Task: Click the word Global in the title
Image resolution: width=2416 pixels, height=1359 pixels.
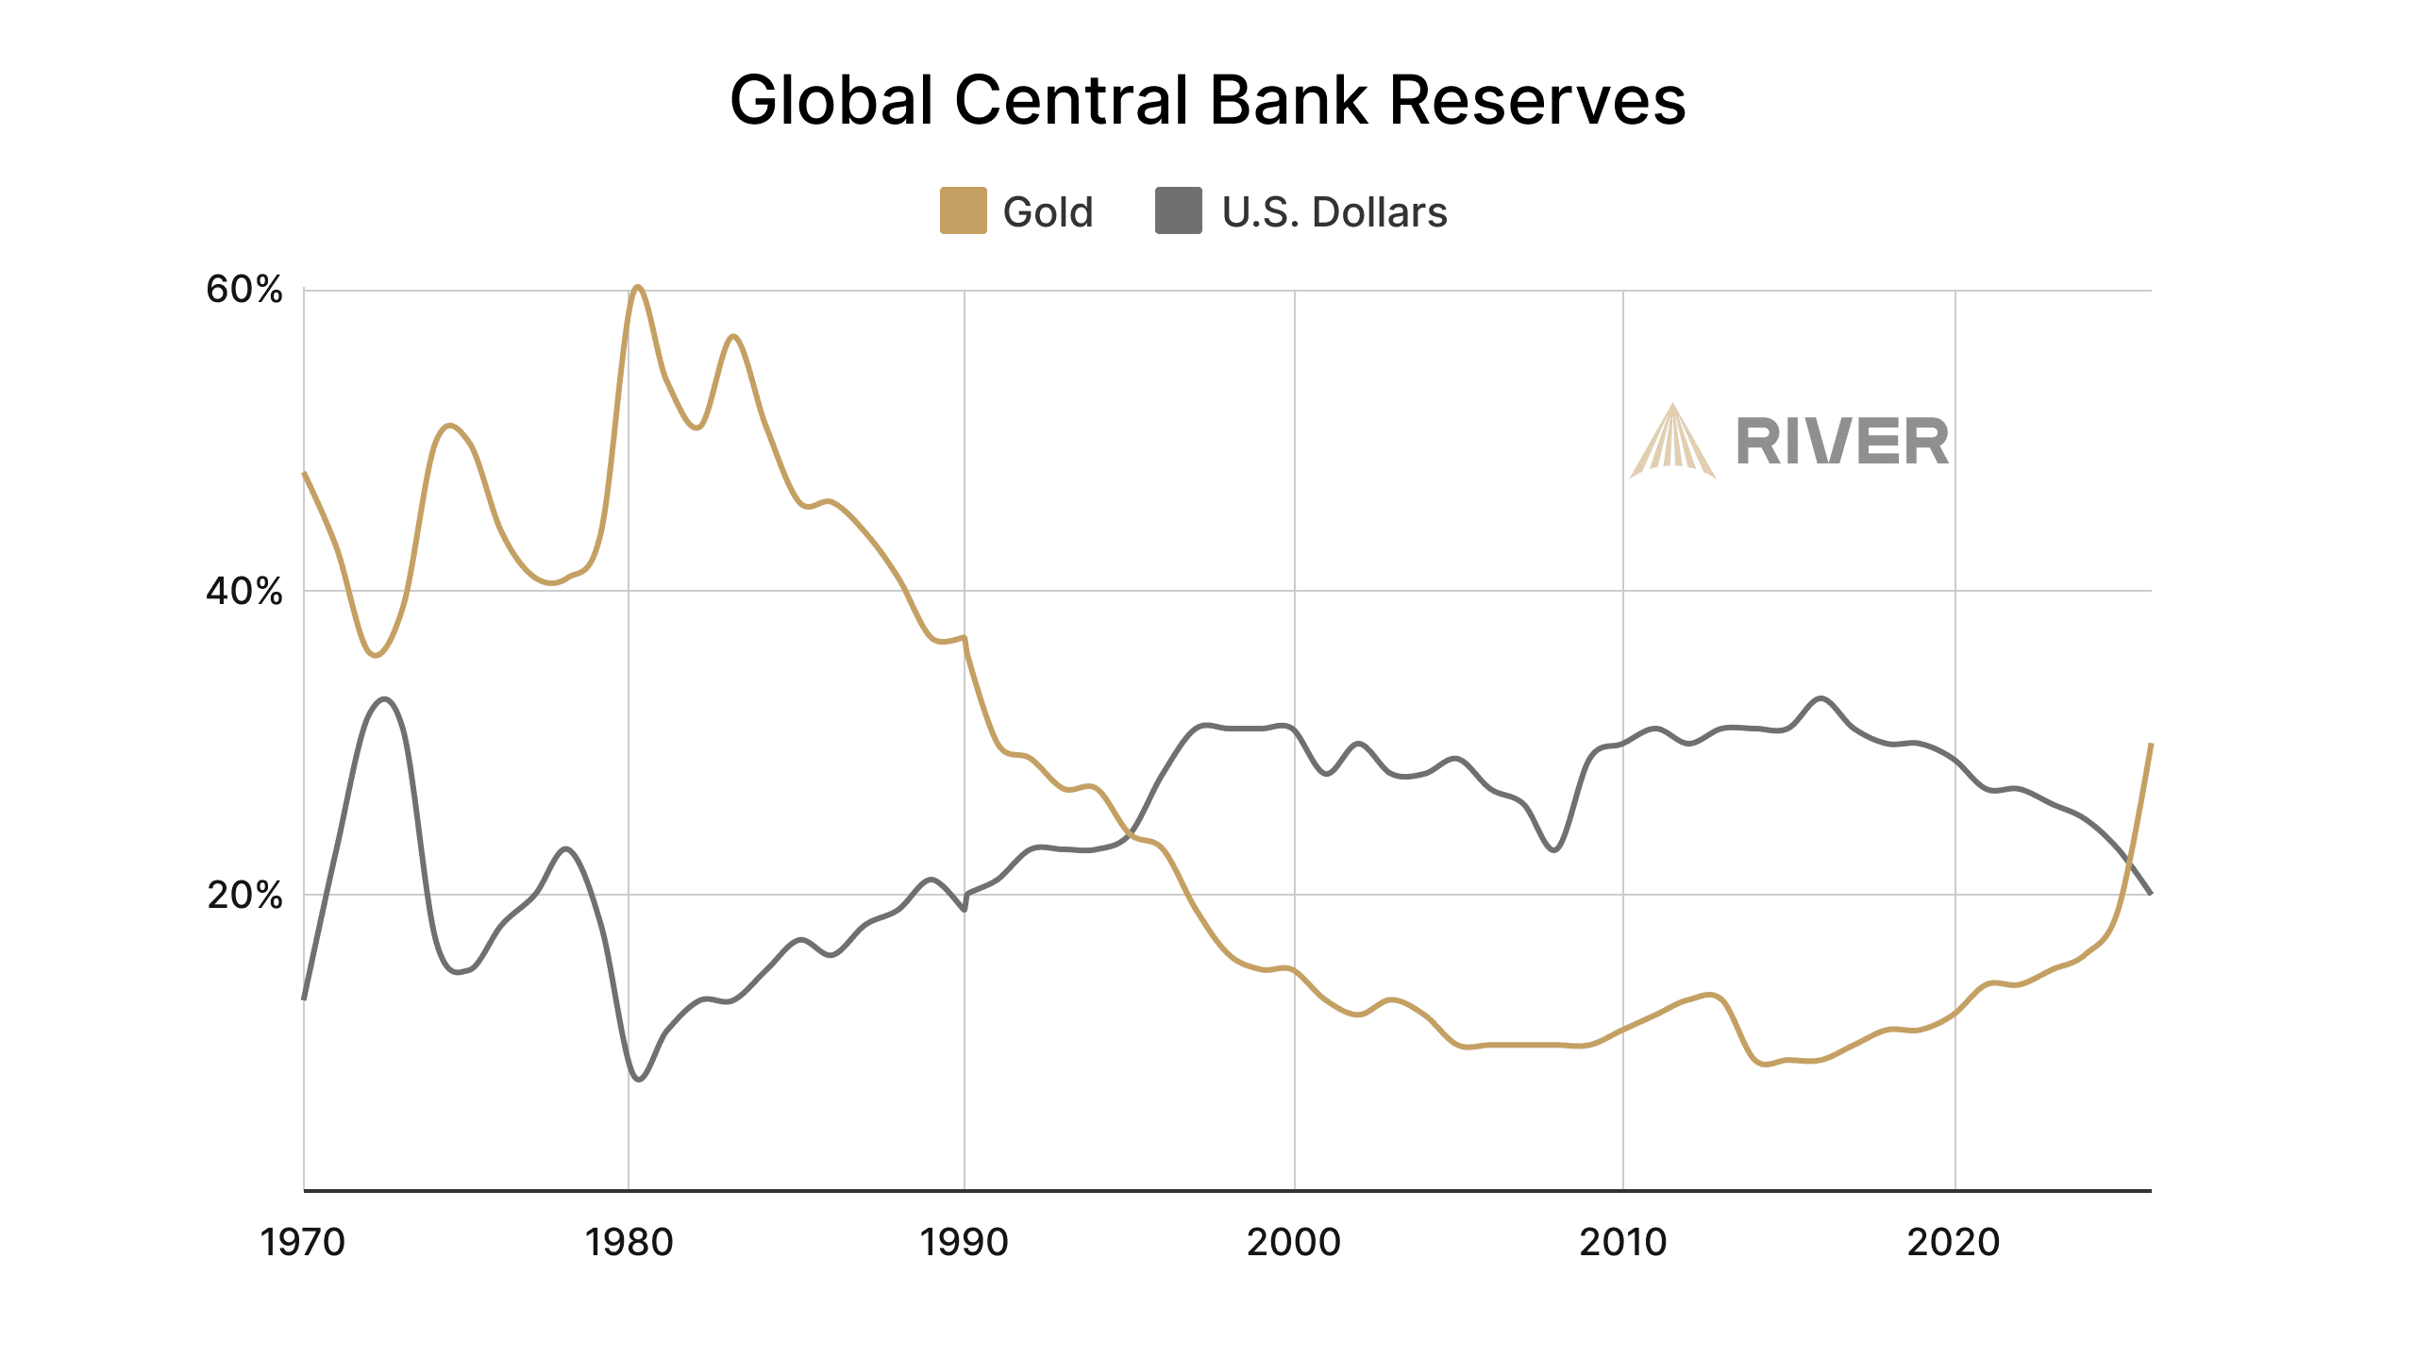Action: point(831,100)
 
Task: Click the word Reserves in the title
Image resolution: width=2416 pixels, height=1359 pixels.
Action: point(1537,100)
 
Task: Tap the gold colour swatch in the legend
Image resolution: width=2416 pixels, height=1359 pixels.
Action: point(963,210)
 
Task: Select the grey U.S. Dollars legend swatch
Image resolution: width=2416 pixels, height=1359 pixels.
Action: point(1178,210)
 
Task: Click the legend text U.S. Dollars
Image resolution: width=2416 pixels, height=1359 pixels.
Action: point(1334,212)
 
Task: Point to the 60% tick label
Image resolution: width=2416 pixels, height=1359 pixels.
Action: point(244,290)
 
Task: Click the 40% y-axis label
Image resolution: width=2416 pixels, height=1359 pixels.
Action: point(244,592)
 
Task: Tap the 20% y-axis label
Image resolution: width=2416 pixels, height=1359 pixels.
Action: point(244,895)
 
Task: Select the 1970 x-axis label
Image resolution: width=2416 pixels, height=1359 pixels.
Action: point(303,1242)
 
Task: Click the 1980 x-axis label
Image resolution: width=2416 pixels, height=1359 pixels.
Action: point(629,1242)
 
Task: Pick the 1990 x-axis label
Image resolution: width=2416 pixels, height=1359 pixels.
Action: point(964,1242)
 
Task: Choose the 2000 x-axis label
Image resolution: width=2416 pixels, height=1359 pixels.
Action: point(1294,1242)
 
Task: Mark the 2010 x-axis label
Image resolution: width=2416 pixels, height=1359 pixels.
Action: point(1623,1242)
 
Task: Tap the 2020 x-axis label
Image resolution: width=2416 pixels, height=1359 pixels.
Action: point(1954,1242)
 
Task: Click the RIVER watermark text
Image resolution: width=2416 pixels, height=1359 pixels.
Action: point(1842,443)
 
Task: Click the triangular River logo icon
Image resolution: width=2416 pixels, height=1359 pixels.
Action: point(1672,444)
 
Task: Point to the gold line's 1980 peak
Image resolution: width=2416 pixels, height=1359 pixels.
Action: point(638,287)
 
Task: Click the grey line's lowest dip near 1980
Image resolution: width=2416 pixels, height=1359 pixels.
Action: point(639,1079)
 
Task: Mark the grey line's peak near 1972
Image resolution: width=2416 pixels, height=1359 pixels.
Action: point(384,699)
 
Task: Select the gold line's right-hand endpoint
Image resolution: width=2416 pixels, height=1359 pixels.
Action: point(2151,745)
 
